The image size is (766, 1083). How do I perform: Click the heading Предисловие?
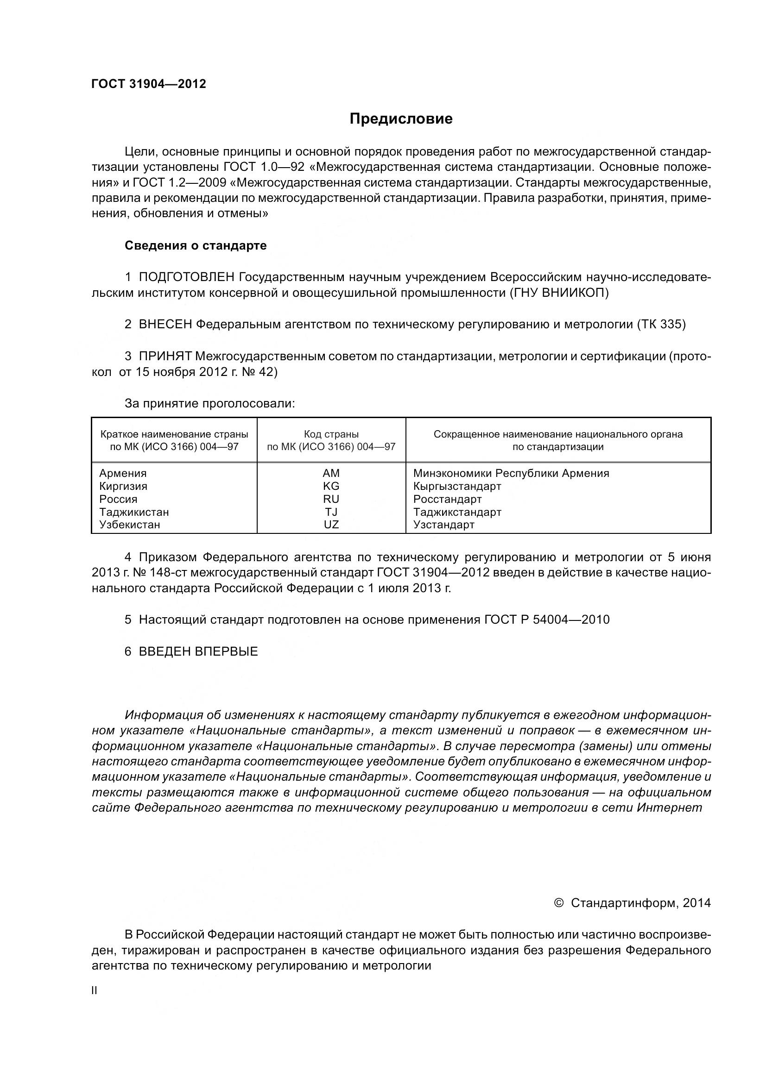coord(401,119)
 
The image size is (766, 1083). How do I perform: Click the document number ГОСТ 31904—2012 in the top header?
coord(149,84)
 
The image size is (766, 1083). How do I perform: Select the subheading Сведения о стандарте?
coord(196,246)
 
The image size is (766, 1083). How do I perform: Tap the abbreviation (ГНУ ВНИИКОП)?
coord(559,293)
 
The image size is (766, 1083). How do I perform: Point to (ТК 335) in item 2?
coord(661,325)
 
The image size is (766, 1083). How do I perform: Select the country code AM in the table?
coord(331,473)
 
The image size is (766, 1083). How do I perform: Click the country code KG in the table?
coord(331,486)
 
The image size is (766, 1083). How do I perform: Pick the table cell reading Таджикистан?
coord(134,512)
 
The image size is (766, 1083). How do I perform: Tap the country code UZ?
coord(331,525)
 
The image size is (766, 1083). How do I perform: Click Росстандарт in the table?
coord(447,499)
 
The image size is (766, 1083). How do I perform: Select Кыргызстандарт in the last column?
coord(457,486)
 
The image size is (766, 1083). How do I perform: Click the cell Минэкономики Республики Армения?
coord(511,473)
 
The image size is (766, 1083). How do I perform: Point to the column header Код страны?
coord(331,434)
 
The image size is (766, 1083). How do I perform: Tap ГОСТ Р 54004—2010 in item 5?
coord(546,620)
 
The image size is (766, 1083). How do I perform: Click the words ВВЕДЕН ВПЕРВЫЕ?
coord(198,651)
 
